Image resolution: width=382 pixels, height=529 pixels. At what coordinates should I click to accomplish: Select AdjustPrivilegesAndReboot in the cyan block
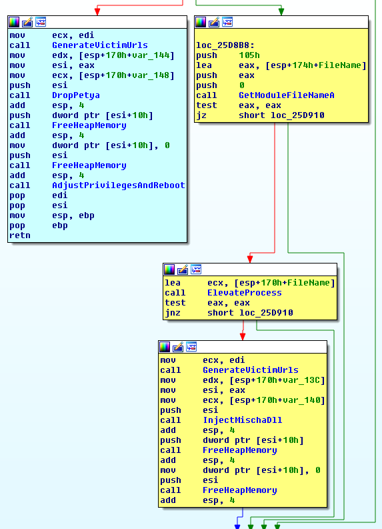118,185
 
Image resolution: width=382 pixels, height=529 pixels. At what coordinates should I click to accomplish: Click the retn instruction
20,235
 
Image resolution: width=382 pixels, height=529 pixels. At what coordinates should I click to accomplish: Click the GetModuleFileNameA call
286,95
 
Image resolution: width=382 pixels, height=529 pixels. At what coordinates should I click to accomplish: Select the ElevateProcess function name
244,293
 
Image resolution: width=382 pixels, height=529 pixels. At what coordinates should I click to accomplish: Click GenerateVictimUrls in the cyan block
99,45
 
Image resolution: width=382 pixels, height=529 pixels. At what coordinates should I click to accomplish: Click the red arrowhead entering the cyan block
97,11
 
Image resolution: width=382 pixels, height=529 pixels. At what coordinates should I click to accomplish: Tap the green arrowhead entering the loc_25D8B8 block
281,11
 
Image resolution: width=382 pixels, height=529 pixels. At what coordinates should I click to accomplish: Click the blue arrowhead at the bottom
237,526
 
